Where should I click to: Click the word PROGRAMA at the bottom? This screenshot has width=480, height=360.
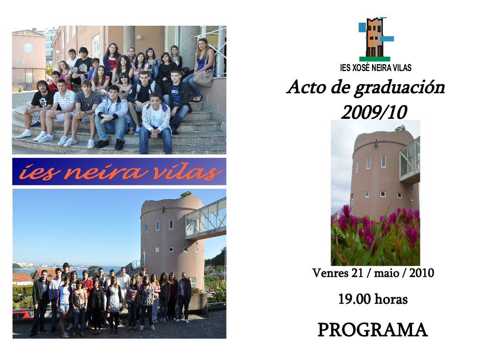coord(372,329)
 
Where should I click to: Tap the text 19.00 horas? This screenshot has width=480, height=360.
coord(372,299)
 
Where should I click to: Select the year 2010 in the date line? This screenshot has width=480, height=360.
coord(422,273)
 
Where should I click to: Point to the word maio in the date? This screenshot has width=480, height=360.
coord(387,273)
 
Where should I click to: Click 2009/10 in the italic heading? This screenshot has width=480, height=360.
coord(374,112)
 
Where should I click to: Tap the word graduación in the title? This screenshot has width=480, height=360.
coord(399,88)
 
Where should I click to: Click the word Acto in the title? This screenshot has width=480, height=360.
coord(307,87)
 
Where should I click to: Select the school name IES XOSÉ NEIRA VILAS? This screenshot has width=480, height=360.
coord(375,68)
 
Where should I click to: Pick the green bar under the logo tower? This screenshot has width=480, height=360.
coord(375,59)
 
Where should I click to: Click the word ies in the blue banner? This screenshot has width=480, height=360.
coord(39,172)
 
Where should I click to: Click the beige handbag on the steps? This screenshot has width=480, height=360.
coord(203,78)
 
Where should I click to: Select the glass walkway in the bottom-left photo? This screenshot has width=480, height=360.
coord(206,219)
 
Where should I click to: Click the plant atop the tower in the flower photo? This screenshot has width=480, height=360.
coord(400,127)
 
